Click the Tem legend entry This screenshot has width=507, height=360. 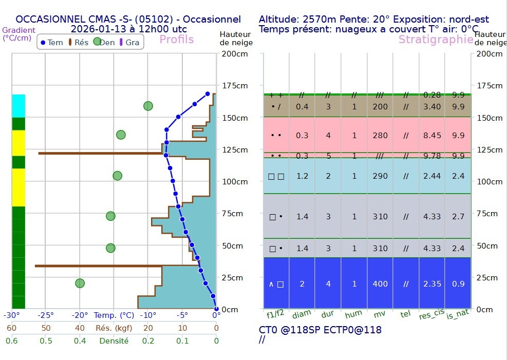pyautogui.click(x=51, y=43)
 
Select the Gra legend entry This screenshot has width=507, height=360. pyautogui.click(x=128, y=43)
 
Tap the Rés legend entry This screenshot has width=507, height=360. pyautogui.click(x=78, y=43)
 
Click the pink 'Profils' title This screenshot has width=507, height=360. pyautogui.click(x=176, y=40)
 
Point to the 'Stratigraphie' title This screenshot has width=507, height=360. pyautogui.click(x=436, y=40)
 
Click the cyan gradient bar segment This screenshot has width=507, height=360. pyautogui.click(x=18, y=106)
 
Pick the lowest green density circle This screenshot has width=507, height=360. pyautogui.click(x=80, y=283)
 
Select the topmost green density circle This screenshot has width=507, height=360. pyautogui.click(x=148, y=106)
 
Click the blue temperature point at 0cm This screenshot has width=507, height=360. pyautogui.click(x=216, y=309)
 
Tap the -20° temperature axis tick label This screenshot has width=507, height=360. pyautogui.click(x=80, y=315)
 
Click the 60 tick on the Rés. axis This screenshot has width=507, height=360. pyautogui.click(x=11, y=328)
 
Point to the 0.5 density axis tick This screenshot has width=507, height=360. pyautogui.click(x=46, y=340)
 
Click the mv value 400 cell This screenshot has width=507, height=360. pyautogui.click(x=380, y=284)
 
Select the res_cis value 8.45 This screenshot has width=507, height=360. pyautogui.click(x=432, y=136)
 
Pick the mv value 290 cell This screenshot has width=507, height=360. pyautogui.click(x=380, y=176)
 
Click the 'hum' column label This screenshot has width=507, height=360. pyautogui.click(x=353, y=314)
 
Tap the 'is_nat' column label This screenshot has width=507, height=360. pyautogui.click(x=457, y=314)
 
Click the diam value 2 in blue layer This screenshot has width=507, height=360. pyautogui.click(x=302, y=284)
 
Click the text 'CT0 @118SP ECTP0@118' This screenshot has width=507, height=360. pyautogui.click(x=320, y=330)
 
